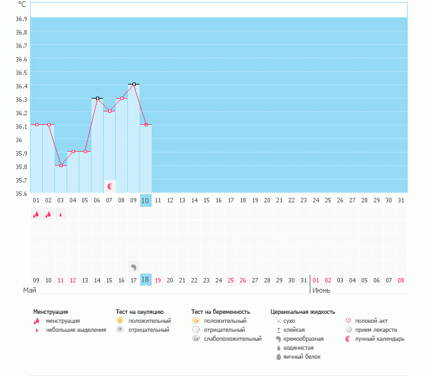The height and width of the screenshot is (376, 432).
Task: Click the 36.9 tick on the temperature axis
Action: [21, 19]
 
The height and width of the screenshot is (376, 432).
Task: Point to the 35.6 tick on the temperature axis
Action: [21, 193]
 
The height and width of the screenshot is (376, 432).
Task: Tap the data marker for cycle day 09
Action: [134, 84]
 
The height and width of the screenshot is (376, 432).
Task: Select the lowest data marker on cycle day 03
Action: [61, 165]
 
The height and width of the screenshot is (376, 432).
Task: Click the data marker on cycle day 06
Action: [97, 98]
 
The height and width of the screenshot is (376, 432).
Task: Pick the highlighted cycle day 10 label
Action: [146, 200]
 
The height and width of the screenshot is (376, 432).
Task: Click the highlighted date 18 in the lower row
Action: [146, 280]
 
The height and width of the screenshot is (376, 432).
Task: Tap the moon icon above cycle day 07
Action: [110, 186]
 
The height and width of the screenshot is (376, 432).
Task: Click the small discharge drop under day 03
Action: [61, 215]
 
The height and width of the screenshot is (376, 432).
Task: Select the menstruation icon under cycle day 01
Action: [36, 215]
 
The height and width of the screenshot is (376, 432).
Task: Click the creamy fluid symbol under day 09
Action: [134, 266]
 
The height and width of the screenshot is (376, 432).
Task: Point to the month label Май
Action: [29, 290]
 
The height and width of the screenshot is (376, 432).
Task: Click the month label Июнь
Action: [321, 290]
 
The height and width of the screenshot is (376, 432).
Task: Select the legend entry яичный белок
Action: [298, 356]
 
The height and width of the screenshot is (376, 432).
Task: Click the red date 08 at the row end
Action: [401, 280]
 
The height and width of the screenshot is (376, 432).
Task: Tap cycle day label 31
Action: [401, 200]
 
